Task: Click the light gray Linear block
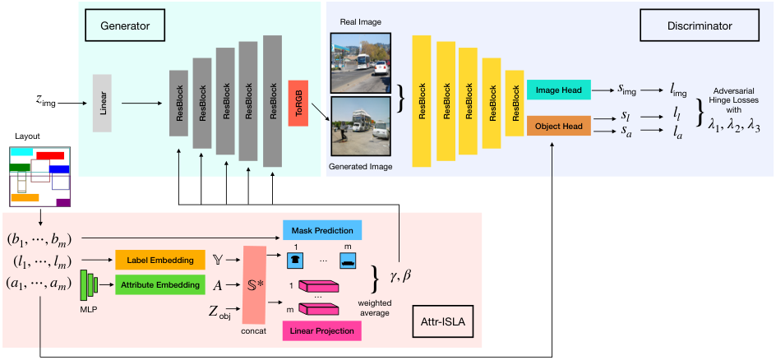click(102, 104)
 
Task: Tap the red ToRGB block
click(298, 104)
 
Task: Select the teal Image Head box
click(559, 90)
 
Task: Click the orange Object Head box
click(559, 126)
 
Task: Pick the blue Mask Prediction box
click(322, 230)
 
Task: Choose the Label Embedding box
click(160, 260)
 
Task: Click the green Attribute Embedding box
click(160, 285)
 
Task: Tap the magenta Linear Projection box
click(322, 330)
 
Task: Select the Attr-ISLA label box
click(442, 325)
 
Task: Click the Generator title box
click(125, 26)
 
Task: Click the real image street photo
click(361, 62)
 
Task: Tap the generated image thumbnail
click(361, 127)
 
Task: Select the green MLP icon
click(90, 286)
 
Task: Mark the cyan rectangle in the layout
click(21, 152)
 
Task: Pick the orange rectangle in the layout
click(25, 198)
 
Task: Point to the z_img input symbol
click(45, 100)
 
